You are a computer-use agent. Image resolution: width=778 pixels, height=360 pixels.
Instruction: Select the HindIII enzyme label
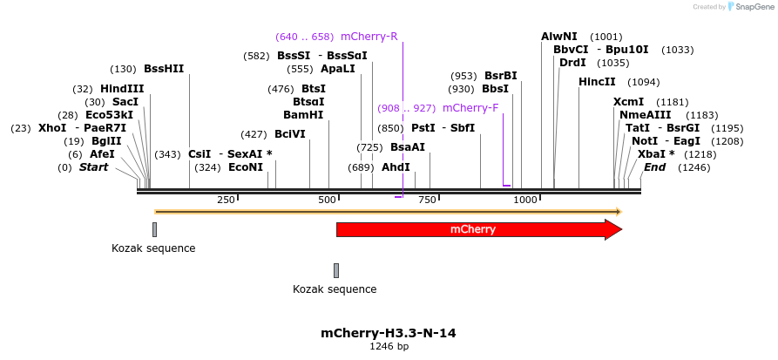(x=122, y=89)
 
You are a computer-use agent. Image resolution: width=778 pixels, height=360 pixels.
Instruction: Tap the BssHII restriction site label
(x=164, y=69)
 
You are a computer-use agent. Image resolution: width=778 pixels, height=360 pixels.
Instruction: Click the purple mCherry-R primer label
(x=369, y=37)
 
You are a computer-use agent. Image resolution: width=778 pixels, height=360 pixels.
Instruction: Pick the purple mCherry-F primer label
(x=470, y=108)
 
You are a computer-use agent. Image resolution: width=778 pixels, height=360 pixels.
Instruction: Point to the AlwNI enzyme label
(x=558, y=37)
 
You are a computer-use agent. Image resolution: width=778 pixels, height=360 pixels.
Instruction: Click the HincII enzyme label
(x=597, y=82)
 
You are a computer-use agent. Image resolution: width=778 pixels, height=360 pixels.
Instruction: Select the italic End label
(x=654, y=166)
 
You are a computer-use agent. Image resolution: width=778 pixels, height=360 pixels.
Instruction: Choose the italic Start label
(x=94, y=166)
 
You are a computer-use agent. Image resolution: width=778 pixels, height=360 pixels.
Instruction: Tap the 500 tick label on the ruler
(x=328, y=200)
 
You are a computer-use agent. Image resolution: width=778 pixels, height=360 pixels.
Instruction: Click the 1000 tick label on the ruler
(x=526, y=200)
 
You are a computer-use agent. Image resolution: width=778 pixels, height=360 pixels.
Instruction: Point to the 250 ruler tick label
(x=226, y=200)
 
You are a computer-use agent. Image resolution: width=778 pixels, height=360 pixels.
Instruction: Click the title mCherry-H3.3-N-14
(x=389, y=333)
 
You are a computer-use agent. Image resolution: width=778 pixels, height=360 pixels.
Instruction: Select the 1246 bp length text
(x=389, y=346)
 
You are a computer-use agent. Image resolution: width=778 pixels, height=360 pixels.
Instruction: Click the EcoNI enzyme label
(x=246, y=167)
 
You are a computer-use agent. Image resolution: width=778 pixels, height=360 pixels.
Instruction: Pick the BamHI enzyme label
(x=303, y=115)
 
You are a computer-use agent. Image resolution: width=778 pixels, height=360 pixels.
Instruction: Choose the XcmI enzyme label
(x=628, y=102)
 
